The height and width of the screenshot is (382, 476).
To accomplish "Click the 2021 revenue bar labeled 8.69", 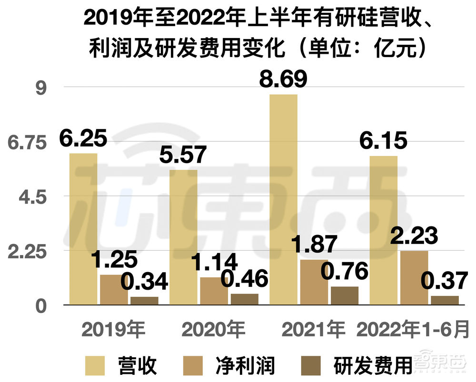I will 283,200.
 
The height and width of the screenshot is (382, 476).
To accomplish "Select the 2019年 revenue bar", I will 83,229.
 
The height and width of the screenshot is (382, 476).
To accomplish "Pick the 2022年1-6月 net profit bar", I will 414,278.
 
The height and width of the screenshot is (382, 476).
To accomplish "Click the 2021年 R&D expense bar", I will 345,295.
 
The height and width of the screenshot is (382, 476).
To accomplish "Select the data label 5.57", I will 183,155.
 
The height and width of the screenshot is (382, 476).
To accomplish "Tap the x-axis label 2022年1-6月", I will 414,329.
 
